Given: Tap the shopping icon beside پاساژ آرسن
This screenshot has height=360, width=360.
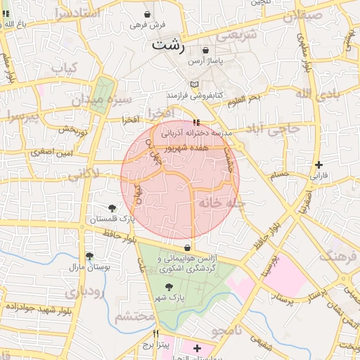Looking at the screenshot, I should [205, 51].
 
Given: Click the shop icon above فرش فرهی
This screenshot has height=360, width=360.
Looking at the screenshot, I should [147, 14].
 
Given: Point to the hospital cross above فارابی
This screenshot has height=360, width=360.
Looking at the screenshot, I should [319, 165].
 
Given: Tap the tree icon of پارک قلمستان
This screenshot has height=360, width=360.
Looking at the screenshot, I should [112, 207].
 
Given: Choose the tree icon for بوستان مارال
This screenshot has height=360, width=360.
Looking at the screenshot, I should [89, 257].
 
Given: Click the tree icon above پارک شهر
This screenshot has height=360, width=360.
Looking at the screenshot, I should [167, 287].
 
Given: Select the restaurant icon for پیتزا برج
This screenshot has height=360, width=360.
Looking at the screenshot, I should [156, 333].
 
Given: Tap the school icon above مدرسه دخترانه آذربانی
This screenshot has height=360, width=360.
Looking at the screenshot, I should [195, 122].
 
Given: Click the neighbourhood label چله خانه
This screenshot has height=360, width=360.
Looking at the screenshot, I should [220, 202].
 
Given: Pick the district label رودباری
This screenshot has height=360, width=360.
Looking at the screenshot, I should [86, 291].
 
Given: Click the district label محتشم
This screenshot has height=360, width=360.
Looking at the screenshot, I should [134, 316].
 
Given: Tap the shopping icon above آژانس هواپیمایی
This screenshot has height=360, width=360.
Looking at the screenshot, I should [187, 248].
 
